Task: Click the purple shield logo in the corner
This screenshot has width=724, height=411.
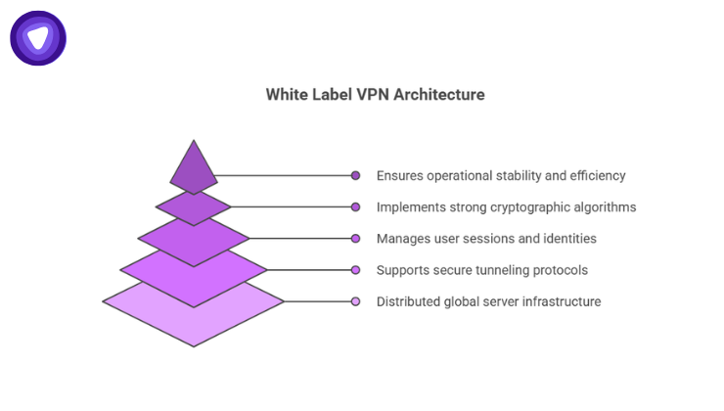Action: [x=37, y=38]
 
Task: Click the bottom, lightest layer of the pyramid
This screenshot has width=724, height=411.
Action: [x=194, y=318]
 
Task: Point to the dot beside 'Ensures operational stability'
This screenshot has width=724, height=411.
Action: [x=356, y=176]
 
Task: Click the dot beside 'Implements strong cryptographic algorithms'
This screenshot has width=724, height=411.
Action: [x=356, y=207]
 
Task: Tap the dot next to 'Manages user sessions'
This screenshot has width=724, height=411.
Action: [x=356, y=239]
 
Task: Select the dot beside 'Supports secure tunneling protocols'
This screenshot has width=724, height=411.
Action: [x=356, y=270]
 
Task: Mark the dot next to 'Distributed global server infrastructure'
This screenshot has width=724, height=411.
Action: [x=356, y=301]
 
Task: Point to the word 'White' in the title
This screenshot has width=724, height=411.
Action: [x=286, y=95]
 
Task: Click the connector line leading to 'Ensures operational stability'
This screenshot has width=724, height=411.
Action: [x=284, y=176]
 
